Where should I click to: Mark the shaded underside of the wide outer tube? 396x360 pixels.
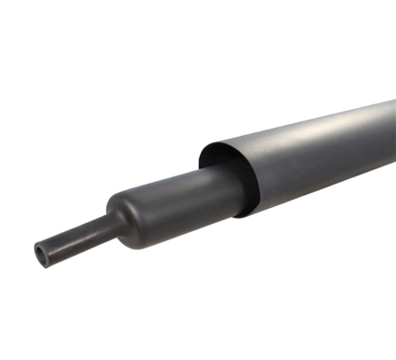click(324, 193)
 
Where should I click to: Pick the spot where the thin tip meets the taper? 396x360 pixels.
click(97, 232)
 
